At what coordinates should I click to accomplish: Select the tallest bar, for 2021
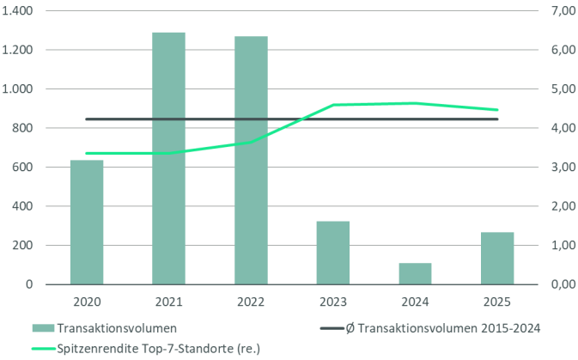tap(169, 158)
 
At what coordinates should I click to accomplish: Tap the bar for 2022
tap(251, 160)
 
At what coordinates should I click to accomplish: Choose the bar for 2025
tap(497, 258)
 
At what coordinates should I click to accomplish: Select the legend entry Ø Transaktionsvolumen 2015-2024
tap(429, 328)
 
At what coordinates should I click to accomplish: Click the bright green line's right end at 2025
tap(498, 110)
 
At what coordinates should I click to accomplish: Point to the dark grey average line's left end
tap(87, 119)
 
